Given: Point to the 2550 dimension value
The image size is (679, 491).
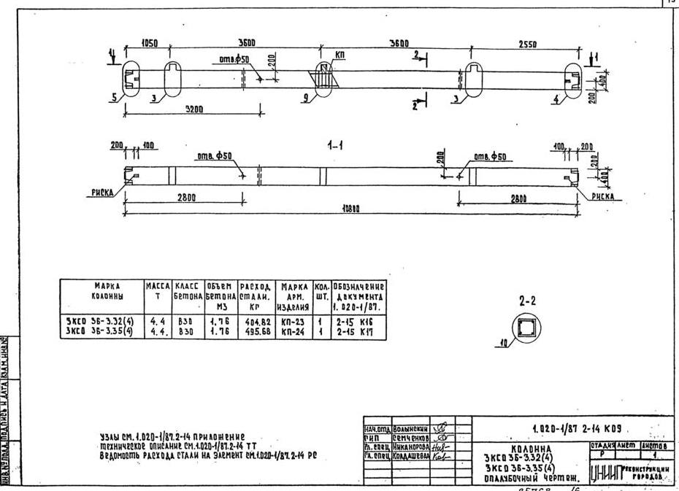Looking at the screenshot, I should coord(527,45).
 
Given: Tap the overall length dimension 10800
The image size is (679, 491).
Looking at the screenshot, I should coord(352,209).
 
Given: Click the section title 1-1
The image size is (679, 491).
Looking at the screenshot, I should coord(337,146).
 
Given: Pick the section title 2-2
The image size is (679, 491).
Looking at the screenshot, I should coord(529,300).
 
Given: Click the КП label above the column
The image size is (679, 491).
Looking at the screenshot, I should coord(341,55).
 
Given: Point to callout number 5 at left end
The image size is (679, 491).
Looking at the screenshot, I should coord(114,96).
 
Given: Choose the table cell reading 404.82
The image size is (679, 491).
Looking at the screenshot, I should coord(255,320).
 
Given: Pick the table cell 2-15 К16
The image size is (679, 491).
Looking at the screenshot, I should coord(358,320).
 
